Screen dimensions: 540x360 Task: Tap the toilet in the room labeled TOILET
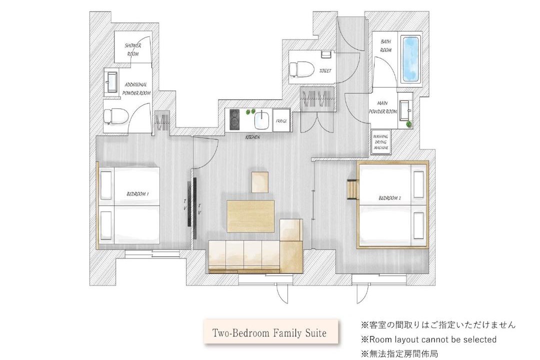pyautogui.click(x=301, y=69)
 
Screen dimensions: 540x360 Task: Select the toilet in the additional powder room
pyautogui.click(x=116, y=116)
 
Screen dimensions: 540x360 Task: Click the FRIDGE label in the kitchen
pyautogui.click(x=281, y=121)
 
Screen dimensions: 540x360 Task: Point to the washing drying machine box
pyautogui.click(x=381, y=142)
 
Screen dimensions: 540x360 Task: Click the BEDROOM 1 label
pyautogui.click(x=137, y=194)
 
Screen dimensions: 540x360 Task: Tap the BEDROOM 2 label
pyautogui.click(x=389, y=198)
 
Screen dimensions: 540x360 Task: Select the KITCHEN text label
pyautogui.click(x=252, y=137)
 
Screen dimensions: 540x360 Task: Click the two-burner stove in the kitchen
pyautogui.click(x=234, y=119)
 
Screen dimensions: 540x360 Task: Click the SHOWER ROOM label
pyautogui.click(x=133, y=49)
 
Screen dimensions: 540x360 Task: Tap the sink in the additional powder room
pyautogui.click(x=112, y=82)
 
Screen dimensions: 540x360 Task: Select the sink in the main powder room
pyautogui.click(x=404, y=110)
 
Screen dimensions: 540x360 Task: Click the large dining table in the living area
pyautogui.click(x=250, y=216)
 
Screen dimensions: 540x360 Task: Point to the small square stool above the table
pyautogui.click(x=260, y=182)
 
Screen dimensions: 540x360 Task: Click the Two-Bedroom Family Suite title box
pyautogui.click(x=270, y=332)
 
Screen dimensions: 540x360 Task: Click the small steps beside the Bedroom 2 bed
pyautogui.click(x=352, y=189)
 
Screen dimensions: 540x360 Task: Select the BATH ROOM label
pyautogui.click(x=385, y=46)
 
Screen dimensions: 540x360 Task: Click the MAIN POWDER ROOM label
pyautogui.click(x=382, y=107)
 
